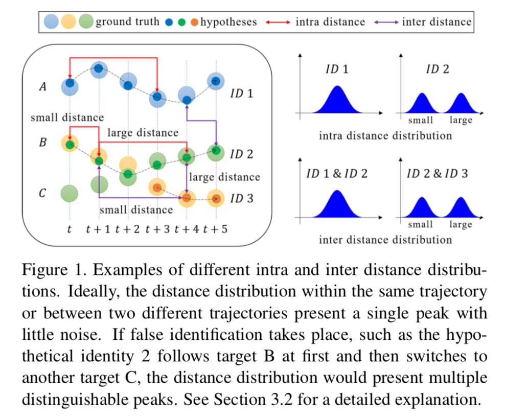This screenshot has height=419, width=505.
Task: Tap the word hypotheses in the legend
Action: point(228,22)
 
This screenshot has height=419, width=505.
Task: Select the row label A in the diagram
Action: point(43,87)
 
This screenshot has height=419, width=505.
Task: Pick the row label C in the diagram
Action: point(43,193)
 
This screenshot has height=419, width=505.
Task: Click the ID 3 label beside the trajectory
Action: point(242,198)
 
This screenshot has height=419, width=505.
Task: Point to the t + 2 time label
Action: point(128,229)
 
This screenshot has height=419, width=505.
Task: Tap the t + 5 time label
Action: point(215,229)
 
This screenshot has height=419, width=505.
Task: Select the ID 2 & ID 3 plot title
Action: point(437,174)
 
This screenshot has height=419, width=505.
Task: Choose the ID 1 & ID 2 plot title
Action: point(337,174)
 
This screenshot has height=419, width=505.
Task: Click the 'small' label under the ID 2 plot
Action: point(420,121)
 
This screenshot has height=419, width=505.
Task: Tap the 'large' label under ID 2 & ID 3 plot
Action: point(461,224)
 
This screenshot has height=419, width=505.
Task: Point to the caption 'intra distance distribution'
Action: point(385,135)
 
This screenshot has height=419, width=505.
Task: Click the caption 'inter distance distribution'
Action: point(385,240)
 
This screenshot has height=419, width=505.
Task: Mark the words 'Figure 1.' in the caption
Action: point(54,269)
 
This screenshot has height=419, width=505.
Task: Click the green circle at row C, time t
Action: point(69,194)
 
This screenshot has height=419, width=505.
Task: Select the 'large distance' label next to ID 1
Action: point(143,133)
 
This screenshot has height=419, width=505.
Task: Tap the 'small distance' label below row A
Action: point(67,118)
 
